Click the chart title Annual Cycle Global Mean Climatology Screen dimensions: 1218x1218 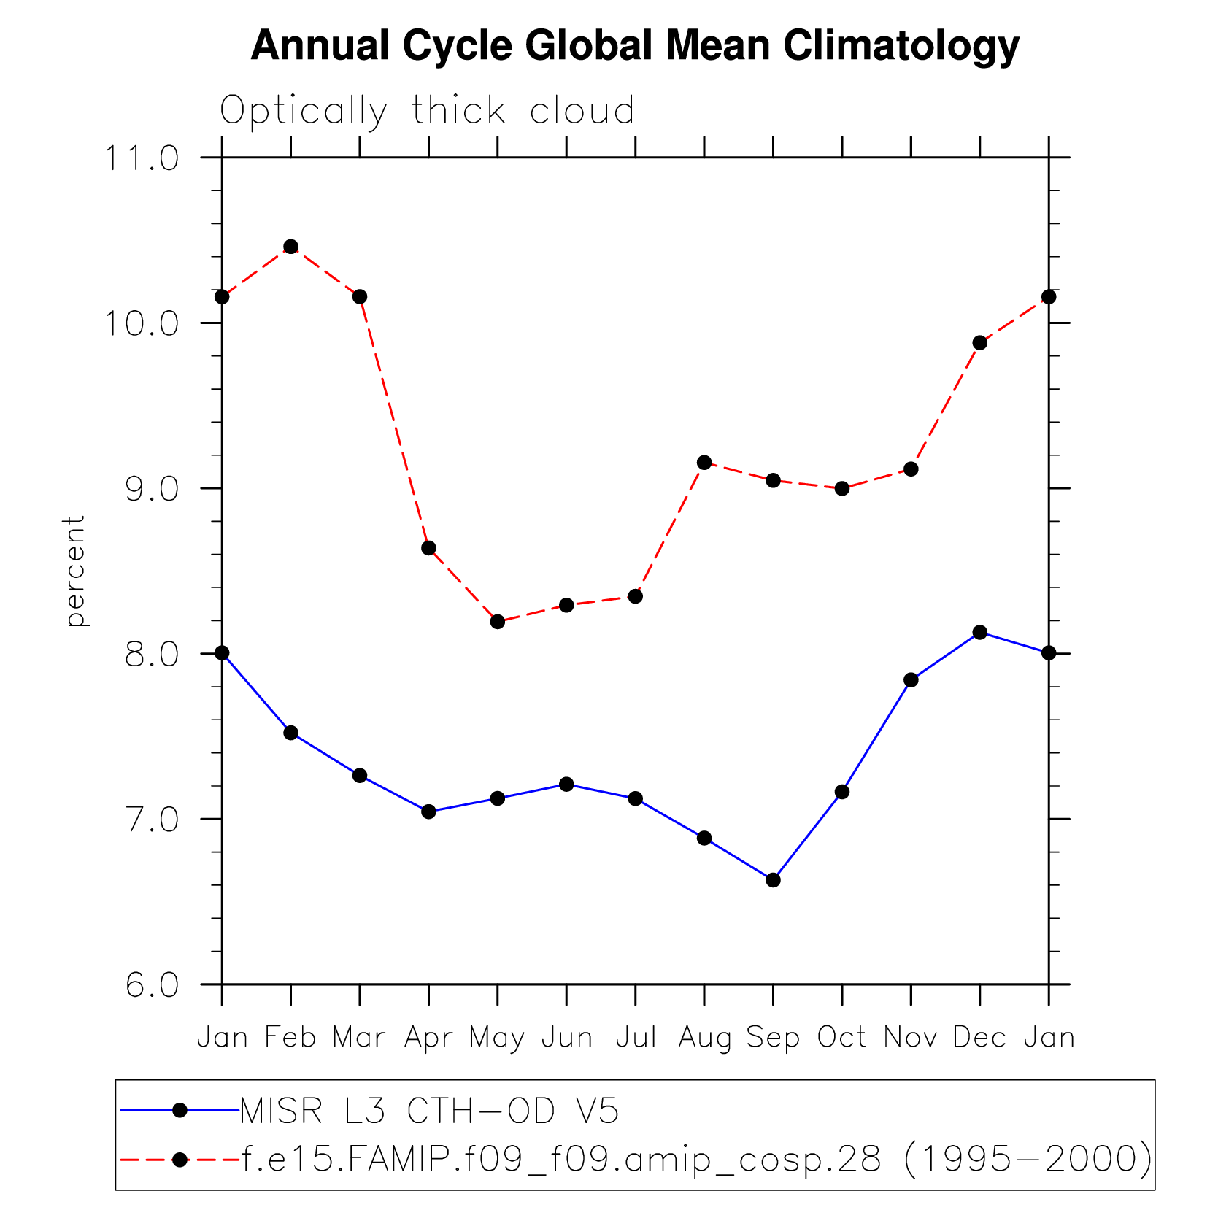(634, 45)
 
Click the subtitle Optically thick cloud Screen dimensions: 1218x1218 (427, 111)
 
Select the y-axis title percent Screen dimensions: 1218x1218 (75, 571)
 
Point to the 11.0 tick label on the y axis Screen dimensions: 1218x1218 (142, 158)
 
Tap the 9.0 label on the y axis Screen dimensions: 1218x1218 (151, 489)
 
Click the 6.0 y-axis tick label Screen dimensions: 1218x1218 (151, 985)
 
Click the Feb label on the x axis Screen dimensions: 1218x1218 (290, 1037)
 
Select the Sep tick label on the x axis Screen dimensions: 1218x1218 (773, 1037)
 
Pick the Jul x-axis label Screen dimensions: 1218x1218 (636, 1037)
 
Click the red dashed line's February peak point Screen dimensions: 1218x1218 (290, 247)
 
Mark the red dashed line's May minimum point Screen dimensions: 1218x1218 (498, 622)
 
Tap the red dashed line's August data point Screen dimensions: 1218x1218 (704, 462)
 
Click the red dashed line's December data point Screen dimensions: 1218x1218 (979, 343)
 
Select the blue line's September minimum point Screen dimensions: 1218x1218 (773, 880)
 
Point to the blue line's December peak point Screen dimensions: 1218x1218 (979, 632)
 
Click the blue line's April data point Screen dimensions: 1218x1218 (428, 812)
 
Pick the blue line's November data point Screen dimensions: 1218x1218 (911, 680)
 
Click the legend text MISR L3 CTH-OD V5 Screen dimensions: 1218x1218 (429, 1111)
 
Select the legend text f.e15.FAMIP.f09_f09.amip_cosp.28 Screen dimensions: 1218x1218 (560, 1159)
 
